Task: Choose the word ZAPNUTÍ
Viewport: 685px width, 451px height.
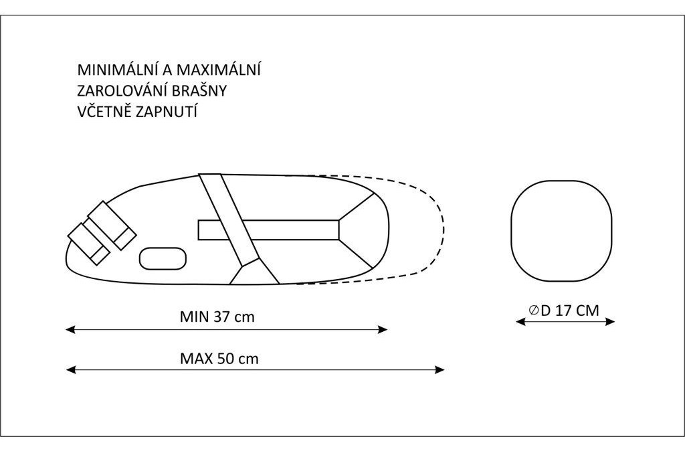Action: tap(167, 112)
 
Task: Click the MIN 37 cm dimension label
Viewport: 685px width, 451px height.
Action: tap(217, 317)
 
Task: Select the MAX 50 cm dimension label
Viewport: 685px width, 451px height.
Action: tap(219, 359)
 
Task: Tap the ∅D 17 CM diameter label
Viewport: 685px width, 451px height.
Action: tap(563, 310)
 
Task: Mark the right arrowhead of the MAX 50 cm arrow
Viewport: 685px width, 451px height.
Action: tap(440, 370)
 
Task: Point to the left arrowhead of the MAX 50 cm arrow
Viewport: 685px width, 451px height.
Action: tap(71, 370)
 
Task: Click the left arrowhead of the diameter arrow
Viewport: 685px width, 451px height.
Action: tap(520, 322)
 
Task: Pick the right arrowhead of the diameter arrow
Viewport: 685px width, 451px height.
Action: tap(610, 322)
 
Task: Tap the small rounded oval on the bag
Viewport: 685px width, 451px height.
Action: tap(163, 248)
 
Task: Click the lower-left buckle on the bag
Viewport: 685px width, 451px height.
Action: tap(89, 244)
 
